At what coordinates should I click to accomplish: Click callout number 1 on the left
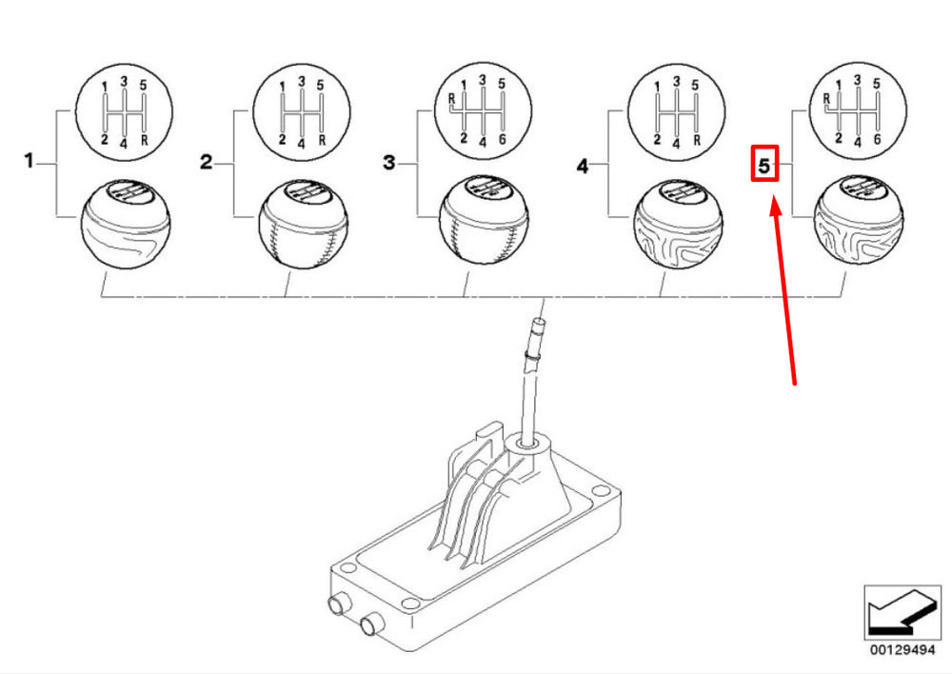click(x=29, y=161)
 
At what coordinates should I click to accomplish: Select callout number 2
click(x=207, y=162)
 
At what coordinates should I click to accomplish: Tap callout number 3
click(x=389, y=162)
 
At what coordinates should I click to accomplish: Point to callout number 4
click(x=583, y=166)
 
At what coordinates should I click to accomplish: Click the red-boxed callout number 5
click(x=764, y=165)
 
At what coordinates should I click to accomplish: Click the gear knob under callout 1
click(x=125, y=224)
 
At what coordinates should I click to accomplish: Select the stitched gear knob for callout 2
click(x=303, y=223)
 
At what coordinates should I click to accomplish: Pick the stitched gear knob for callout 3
click(x=484, y=220)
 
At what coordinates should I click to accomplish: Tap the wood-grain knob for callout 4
click(x=678, y=225)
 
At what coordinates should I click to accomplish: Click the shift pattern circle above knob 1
click(x=124, y=112)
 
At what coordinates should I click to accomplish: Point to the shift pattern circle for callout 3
click(x=484, y=110)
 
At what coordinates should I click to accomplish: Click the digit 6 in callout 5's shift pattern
click(x=877, y=139)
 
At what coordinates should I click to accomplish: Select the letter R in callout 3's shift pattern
click(x=451, y=98)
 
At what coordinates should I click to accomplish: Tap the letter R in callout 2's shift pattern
click(x=322, y=140)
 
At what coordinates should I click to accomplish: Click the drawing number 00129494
click(x=902, y=650)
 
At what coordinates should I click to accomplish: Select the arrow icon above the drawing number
click(x=902, y=613)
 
